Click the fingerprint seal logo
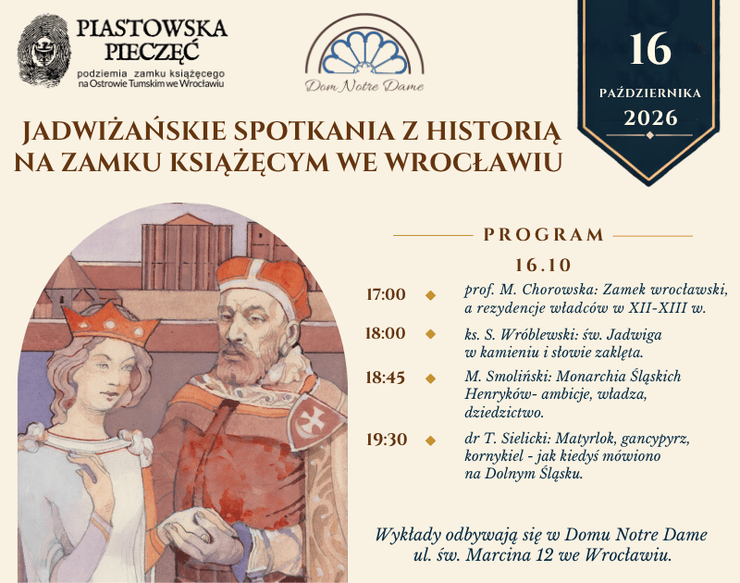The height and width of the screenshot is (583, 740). [x=43, y=51]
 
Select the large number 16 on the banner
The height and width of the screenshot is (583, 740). [x=650, y=49]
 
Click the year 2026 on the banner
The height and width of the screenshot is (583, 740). [x=650, y=118]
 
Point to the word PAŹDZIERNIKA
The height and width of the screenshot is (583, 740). [x=650, y=93]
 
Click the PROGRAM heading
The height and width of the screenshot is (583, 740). [x=544, y=235]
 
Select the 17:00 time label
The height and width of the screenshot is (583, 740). [x=386, y=294]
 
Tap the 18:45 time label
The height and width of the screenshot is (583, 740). [x=386, y=378]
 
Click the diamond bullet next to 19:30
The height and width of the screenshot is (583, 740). [x=430, y=440]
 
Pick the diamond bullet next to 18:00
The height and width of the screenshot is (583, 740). [x=430, y=334]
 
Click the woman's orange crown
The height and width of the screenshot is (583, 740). [x=110, y=323]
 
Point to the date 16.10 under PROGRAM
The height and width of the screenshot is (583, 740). [x=543, y=266]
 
